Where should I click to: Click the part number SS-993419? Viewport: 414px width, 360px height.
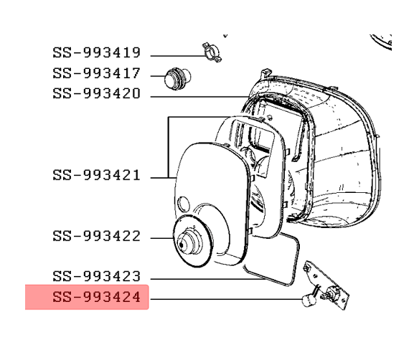(x=96, y=52)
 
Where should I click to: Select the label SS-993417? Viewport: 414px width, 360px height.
(x=96, y=73)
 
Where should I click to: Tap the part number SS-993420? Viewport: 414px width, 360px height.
(x=96, y=93)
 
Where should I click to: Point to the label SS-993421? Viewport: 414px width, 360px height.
(x=96, y=175)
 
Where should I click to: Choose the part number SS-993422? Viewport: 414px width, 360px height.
(x=96, y=236)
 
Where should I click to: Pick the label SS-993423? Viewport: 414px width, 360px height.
(x=96, y=276)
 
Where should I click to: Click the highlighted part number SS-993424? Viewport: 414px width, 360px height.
(x=96, y=297)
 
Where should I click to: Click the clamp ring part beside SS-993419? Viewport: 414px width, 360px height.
(x=212, y=52)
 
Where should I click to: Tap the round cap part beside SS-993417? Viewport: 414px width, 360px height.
(x=177, y=79)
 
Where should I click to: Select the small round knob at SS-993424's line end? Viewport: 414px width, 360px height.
(x=309, y=300)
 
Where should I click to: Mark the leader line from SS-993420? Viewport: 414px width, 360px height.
(x=199, y=97)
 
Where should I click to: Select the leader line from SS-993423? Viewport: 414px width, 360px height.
(x=209, y=279)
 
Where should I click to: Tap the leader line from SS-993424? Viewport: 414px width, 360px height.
(x=226, y=299)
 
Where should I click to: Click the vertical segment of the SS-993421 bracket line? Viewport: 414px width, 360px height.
(x=169, y=147)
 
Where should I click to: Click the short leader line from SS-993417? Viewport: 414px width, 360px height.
(x=158, y=76)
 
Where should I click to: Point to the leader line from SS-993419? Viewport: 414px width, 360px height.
(x=178, y=56)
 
